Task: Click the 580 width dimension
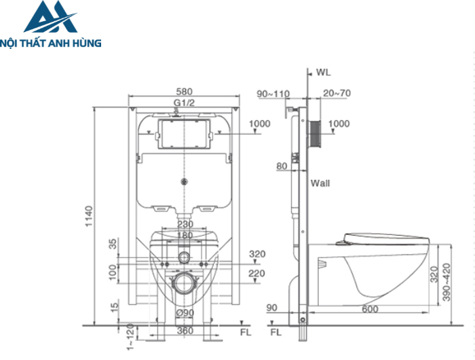(184, 91)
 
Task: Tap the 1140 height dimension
(89, 216)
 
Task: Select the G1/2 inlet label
(184, 103)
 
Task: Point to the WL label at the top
(324, 73)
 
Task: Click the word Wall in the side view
(320, 183)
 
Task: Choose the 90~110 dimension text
(273, 94)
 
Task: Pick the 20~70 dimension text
(337, 93)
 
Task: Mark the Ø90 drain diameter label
(185, 312)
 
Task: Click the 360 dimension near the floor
(185, 330)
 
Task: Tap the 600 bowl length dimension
(370, 309)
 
